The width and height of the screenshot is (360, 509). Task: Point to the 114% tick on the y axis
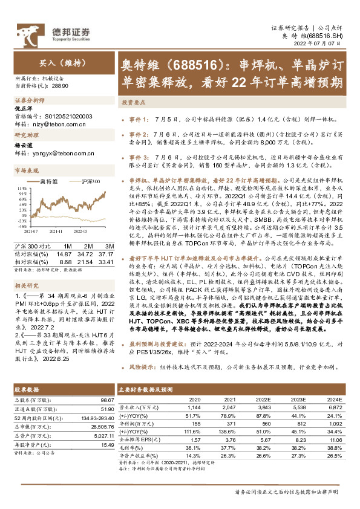coord(19,189)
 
